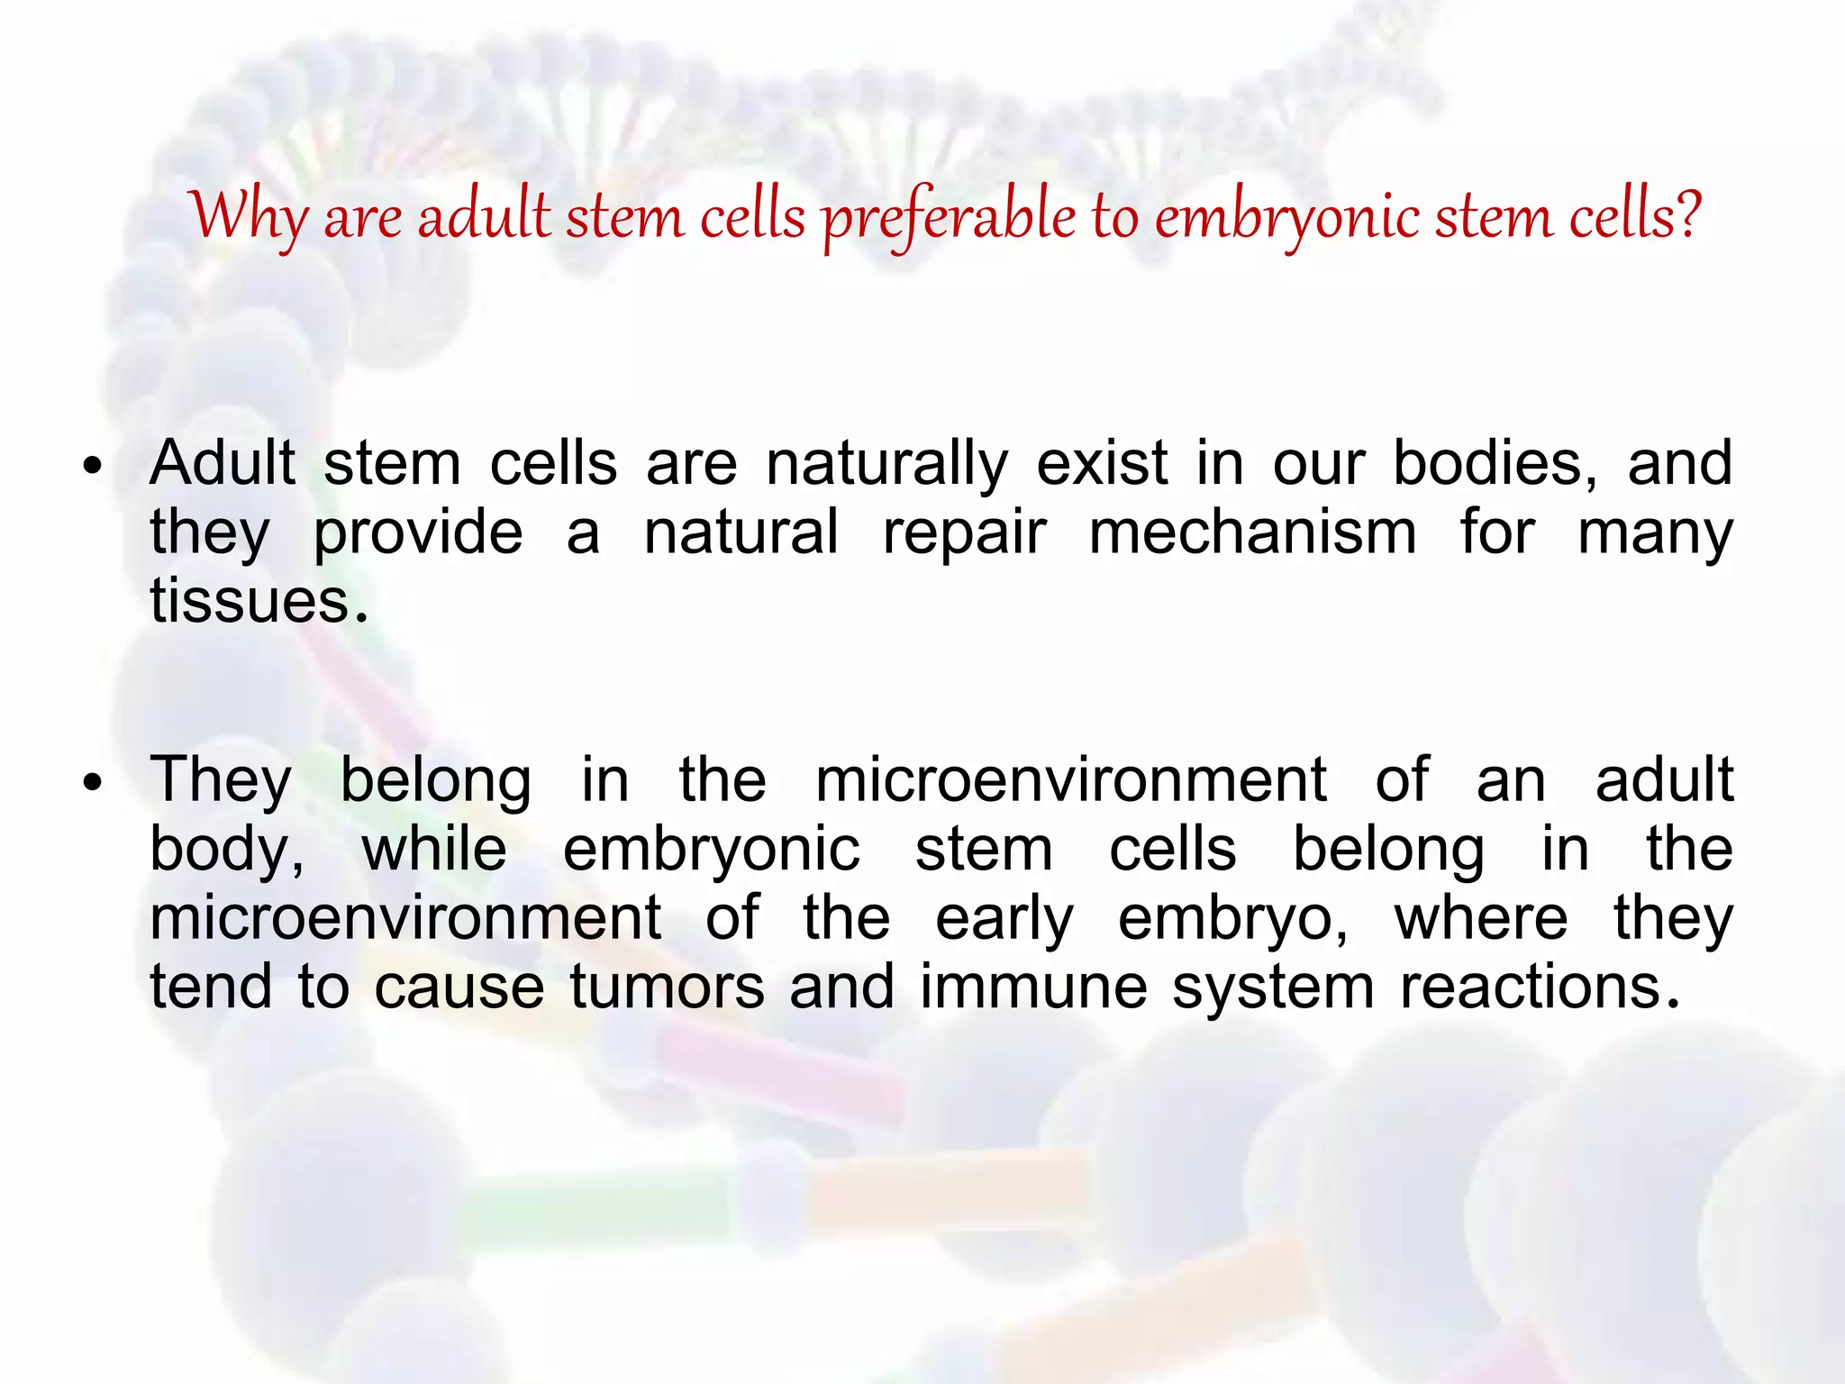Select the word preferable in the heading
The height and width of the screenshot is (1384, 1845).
949,219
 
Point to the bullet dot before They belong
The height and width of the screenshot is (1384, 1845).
92,783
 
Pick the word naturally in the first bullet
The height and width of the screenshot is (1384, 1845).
886,464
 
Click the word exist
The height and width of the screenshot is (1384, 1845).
1103,464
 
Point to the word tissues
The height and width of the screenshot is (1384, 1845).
258,601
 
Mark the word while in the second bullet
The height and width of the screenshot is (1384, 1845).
434,850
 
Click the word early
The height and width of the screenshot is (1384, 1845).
1004,919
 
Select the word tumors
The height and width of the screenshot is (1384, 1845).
668,988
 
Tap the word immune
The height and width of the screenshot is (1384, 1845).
1033,988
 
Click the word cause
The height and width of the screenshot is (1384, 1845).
459,988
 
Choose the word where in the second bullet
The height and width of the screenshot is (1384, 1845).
1481,919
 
